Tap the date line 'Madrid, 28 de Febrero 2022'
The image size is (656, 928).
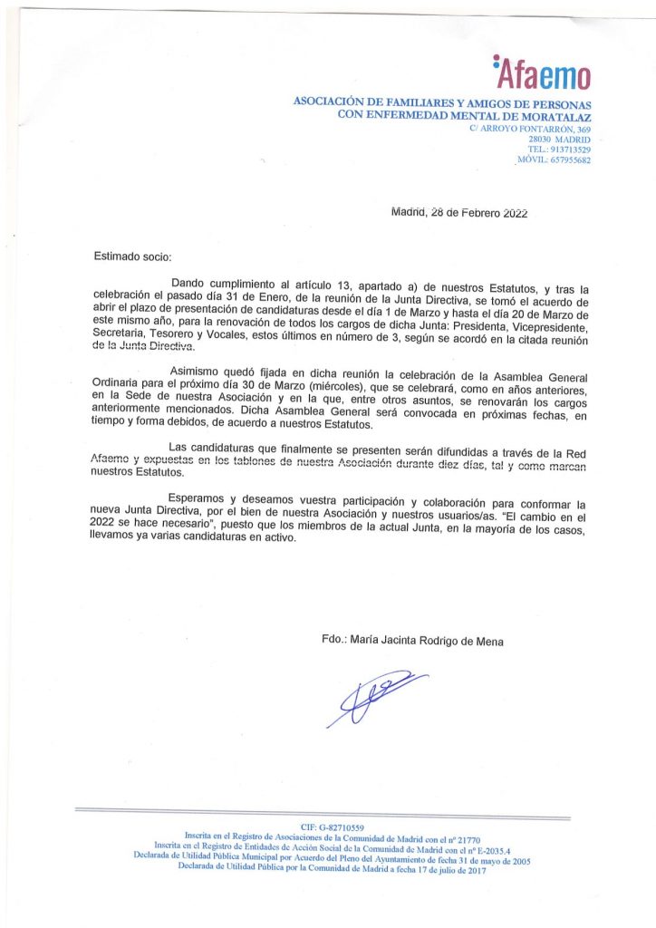pos(458,213)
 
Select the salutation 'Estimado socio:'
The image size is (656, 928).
pos(132,257)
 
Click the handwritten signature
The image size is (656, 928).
pos(374,697)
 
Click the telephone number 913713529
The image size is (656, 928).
pos(570,150)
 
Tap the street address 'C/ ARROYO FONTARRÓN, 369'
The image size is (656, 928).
pos(530,130)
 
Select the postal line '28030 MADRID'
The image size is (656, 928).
pos(559,140)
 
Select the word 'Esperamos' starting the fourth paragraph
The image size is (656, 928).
pos(199,498)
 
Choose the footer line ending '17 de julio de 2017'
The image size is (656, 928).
pos(332,869)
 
